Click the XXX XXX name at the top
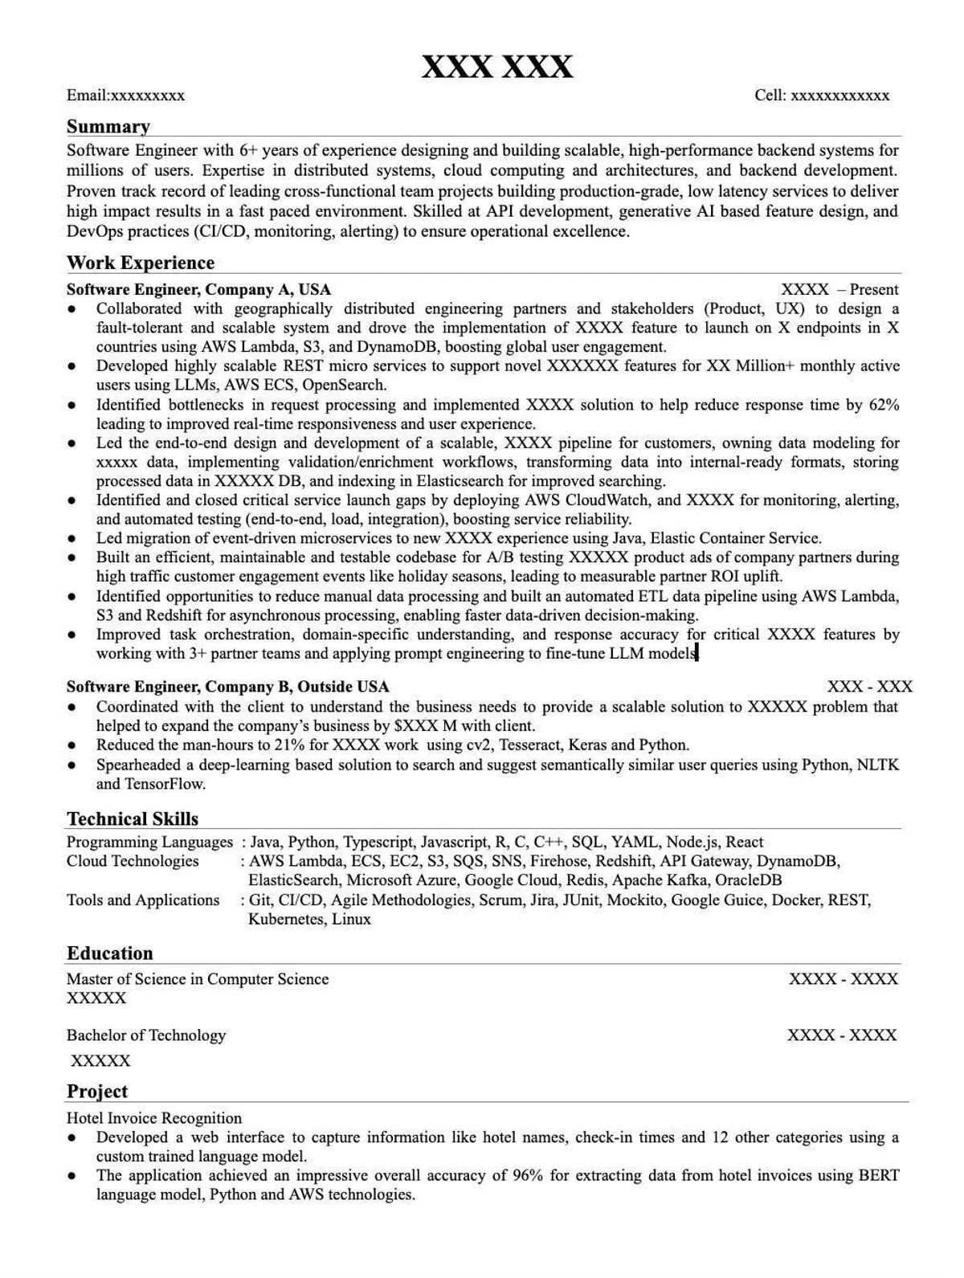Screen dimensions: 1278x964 pyautogui.click(x=497, y=66)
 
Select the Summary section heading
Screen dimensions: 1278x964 pyautogui.click(x=108, y=127)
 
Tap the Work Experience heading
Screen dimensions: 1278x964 pyautogui.click(x=141, y=263)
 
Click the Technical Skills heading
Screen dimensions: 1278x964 pyautogui.click(x=133, y=819)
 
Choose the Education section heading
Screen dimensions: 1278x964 pyautogui.click(x=109, y=953)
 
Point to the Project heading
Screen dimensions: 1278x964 pyautogui.click(x=97, y=1092)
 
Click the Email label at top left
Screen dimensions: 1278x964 pyautogui.click(x=88, y=96)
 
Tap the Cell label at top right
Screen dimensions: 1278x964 pyautogui.click(x=770, y=96)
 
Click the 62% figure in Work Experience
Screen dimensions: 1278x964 pyautogui.click(x=884, y=405)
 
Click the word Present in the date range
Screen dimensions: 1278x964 pyautogui.click(x=874, y=289)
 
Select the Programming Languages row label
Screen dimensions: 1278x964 pyautogui.click(x=149, y=842)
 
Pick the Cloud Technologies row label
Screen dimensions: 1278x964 pyautogui.click(x=133, y=861)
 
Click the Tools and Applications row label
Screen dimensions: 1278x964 pyautogui.click(x=143, y=900)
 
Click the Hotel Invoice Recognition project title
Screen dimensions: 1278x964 pyautogui.click(x=154, y=1118)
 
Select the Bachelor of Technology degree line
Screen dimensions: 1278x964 pyautogui.click(x=146, y=1035)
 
